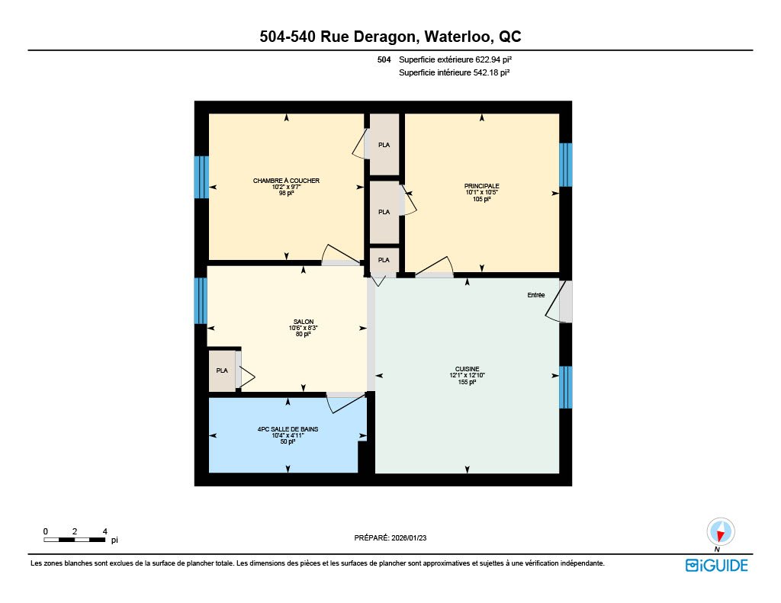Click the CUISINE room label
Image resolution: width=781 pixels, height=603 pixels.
(467, 369)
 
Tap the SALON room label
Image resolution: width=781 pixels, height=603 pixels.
(304, 322)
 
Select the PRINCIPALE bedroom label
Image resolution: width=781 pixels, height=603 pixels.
(482, 186)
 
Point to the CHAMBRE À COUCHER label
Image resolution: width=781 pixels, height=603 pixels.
(286, 180)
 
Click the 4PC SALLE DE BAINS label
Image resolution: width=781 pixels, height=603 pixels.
(288, 429)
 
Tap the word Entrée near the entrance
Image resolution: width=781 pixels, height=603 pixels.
(536, 295)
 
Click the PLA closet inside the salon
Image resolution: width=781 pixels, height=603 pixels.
(222, 370)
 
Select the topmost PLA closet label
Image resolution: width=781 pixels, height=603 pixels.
(384, 145)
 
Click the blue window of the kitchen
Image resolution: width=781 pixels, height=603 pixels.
(565, 387)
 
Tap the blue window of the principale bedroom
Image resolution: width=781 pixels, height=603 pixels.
(565, 165)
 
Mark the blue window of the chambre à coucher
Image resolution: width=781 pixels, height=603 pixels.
(201, 177)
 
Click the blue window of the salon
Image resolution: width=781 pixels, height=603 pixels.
(201, 300)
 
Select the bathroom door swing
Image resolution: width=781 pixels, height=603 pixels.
(346, 403)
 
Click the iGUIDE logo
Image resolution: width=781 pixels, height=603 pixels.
(717, 565)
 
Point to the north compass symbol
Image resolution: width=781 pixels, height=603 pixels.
(720, 532)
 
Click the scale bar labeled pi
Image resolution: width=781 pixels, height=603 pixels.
(75, 540)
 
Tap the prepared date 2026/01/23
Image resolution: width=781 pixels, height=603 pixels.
(409, 537)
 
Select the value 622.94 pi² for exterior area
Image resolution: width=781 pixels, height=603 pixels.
(493, 59)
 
